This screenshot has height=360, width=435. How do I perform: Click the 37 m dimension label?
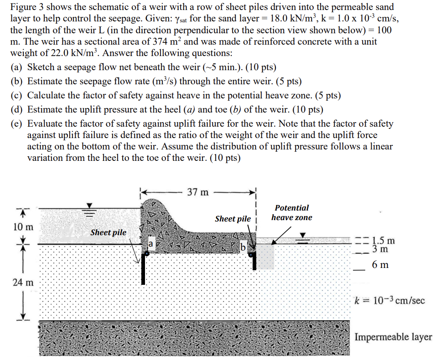(198, 192)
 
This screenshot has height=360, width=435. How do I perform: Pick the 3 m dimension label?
(380, 249)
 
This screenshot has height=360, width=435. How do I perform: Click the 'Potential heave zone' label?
(292, 212)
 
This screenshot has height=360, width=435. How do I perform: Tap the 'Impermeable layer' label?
(393, 337)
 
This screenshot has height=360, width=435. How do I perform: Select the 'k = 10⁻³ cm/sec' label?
(389, 300)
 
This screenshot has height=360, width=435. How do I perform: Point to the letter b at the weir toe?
(243, 247)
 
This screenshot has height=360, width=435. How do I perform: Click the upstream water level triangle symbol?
(90, 205)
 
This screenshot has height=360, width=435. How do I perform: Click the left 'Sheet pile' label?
(108, 232)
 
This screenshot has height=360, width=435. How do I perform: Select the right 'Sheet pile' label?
(233, 219)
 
